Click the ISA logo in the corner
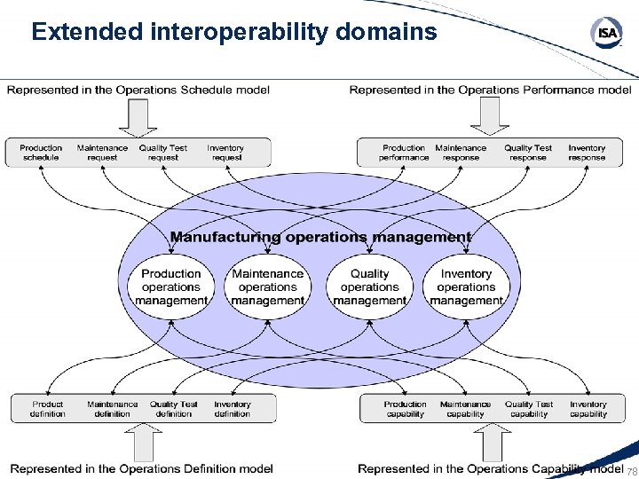point(607,34)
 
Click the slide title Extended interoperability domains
point(234,32)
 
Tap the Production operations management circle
point(171,287)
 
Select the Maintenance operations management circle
point(267,287)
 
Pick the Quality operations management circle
point(369,287)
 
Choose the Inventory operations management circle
point(466,287)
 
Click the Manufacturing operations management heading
point(320,237)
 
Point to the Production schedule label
point(41,153)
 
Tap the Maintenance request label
point(102,153)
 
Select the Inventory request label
point(226,153)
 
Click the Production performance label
point(404,153)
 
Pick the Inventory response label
point(587,153)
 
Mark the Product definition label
point(48,409)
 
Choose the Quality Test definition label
point(174,409)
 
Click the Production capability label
point(406,409)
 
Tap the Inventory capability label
point(588,409)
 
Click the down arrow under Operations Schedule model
point(138,115)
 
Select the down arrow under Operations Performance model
point(489,115)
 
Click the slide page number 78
point(632,471)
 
